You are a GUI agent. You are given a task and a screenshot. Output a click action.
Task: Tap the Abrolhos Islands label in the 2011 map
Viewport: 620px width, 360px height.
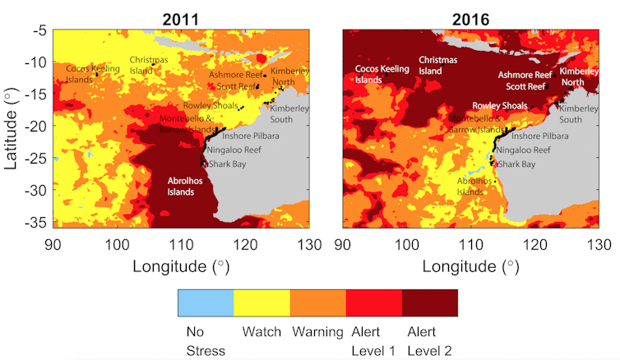coord(181,186)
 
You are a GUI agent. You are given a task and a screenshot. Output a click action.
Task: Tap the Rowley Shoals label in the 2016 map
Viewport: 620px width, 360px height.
coord(500,106)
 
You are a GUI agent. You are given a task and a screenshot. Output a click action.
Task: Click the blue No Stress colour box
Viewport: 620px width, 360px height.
coord(206,302)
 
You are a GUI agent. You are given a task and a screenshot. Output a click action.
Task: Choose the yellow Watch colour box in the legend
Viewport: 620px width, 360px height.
coord(261,302)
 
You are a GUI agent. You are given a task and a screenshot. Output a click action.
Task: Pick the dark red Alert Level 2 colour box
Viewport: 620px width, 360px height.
coord(429,302)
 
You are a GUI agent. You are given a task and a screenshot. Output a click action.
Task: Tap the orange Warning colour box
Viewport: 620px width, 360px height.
coord(317,302)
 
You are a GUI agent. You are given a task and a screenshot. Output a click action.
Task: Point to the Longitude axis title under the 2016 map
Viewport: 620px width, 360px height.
coord(471,265)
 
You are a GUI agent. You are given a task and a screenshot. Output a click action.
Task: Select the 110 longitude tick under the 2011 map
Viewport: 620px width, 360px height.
coord(180,243)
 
